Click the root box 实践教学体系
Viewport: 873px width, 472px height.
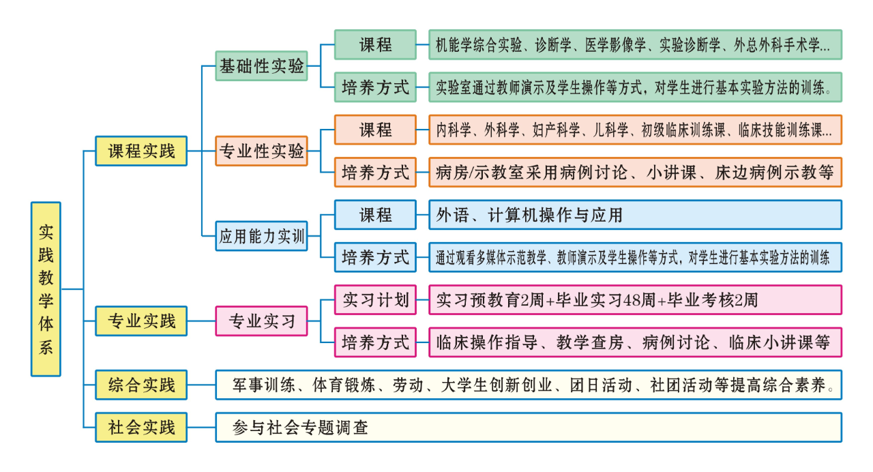point(46,289)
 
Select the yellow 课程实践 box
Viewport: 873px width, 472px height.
point(141,151)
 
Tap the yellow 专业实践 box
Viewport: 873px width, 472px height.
point(141,321)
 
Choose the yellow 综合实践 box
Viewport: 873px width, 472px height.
point(141,385)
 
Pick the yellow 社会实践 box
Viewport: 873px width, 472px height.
point(141,428)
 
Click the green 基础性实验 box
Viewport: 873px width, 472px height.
point(261,66)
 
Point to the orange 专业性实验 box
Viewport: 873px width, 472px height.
point(261,151)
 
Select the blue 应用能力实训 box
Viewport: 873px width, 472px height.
point(261,237)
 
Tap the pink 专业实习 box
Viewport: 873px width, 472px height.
point(261,321)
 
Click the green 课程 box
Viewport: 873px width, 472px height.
point(375,45)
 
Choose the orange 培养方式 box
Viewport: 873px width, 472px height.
point(375,172)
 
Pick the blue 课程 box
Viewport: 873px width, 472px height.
point(375,215)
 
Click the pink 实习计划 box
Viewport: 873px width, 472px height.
point(375,299)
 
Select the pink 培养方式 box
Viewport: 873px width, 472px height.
point(375,342)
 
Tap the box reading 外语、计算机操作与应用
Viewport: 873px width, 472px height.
point(635,215)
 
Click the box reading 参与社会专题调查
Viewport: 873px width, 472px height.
point(529,428)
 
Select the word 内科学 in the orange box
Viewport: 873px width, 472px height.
point(454,130)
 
